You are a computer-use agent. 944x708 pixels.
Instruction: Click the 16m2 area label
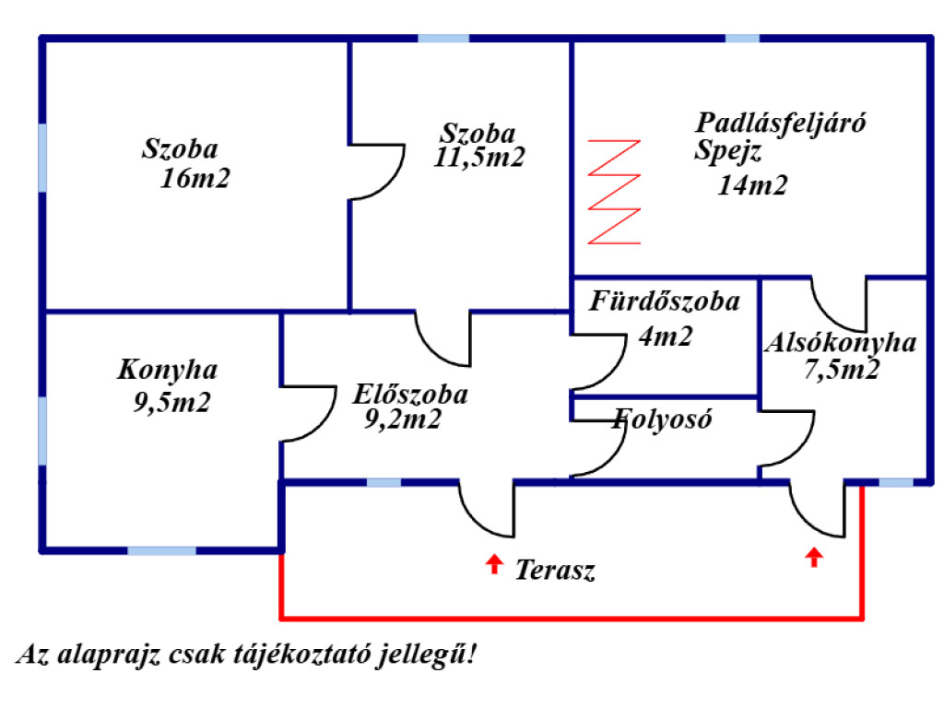tap(195, 178)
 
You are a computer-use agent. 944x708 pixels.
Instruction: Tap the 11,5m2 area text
tap(479, 157)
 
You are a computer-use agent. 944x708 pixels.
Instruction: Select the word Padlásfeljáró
tap(780, 124)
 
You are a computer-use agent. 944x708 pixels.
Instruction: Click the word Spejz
tap(728, 150)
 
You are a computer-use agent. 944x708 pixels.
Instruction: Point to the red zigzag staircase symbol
tap(614, 192)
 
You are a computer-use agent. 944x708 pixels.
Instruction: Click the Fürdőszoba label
tap(665, 301)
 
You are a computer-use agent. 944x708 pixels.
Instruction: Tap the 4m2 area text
tap(666, 336)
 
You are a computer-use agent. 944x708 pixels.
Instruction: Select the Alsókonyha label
tap(841, 343)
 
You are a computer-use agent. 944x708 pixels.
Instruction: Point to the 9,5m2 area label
tap(171, 402)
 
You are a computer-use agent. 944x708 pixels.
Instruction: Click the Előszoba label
tap(410, 395)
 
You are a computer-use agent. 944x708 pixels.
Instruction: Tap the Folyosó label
tap(662, 419)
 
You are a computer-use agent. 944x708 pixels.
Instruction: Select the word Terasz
tap(555, 570)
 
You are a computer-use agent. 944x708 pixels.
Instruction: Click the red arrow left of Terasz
tap(494, 564)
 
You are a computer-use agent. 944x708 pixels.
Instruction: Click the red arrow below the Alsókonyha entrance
tap(814, 557)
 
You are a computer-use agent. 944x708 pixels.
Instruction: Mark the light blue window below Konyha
tap(161, 551)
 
